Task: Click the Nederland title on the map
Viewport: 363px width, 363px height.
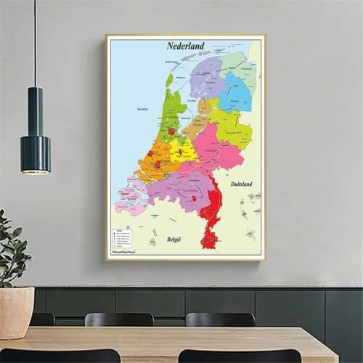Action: tap(185, 46)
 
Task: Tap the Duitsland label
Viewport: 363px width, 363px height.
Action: tap(241, 184)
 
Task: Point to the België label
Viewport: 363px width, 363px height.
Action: tap(174, 239)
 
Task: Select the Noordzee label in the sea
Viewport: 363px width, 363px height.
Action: tap(142, 109)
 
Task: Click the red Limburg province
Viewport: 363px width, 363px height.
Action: tap(211, 214)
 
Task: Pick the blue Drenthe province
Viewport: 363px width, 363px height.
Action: tap(237, 93)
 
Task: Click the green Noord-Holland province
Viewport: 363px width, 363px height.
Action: tap(172, 116)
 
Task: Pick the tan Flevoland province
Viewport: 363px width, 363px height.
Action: tap(197, 125)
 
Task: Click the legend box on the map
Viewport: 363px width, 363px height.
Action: tap(121, 238)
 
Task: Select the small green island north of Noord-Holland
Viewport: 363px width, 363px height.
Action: tap(169, 79)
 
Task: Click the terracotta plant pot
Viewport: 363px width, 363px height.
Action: tap(16, 311)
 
